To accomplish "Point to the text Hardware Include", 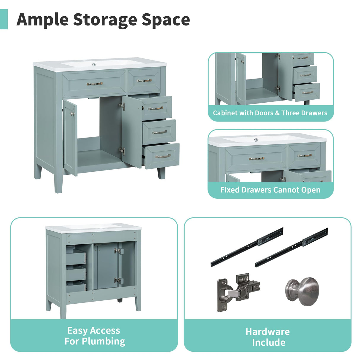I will (x=268, y=337).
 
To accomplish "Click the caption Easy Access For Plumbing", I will (x=95, y=336).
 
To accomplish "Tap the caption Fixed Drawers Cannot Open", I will (x=270, y=190).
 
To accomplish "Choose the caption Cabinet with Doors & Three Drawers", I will (x=270, y=113).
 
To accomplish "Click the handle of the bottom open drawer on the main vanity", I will (x=163, y=156).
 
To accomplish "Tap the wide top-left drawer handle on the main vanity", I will (x=94, y=84).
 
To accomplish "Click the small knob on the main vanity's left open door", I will (x=72, y=114).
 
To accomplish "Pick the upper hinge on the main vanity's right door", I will (x=122, y=106).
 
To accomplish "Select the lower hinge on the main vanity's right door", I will (x=122, y=151).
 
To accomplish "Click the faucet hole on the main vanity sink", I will (x=94, y=64).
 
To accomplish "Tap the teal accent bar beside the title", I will (x=4, y=19).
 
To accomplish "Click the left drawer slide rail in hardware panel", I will (x=247, y=246).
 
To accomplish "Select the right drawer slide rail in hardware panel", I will (x=291, y=247).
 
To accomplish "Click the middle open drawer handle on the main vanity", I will (x=160, y=132).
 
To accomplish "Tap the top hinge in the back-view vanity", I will (x=118, y=251).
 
